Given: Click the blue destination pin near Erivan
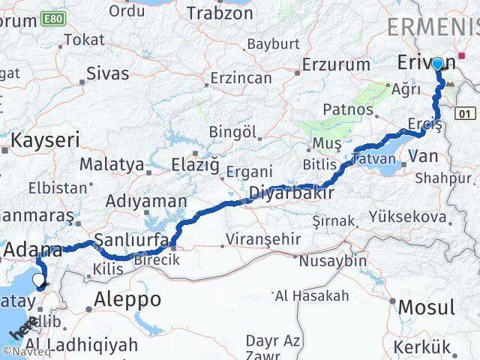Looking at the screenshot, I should [437, 64].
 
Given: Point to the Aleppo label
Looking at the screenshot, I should [127, 300].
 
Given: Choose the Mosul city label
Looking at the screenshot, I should [426, 307].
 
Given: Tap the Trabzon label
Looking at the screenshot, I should [220, 13].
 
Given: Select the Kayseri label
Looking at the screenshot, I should [45, 140].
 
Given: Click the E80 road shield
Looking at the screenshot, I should [52, 17].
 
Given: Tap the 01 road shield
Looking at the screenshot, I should [465, 113].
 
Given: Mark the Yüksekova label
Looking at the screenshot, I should [408, 217].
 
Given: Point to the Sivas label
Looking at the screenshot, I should [108, 73].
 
